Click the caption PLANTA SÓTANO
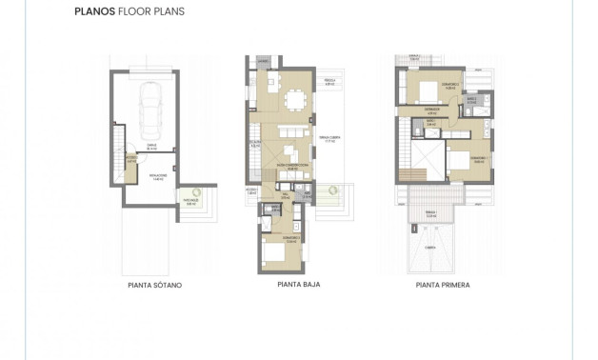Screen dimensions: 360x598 (x=154, y=285)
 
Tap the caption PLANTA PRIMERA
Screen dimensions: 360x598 (x=443, y=284)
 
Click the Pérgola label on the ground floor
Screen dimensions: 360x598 (x=328, y=81)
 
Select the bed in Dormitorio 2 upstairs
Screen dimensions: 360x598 (x=420, y=91)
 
